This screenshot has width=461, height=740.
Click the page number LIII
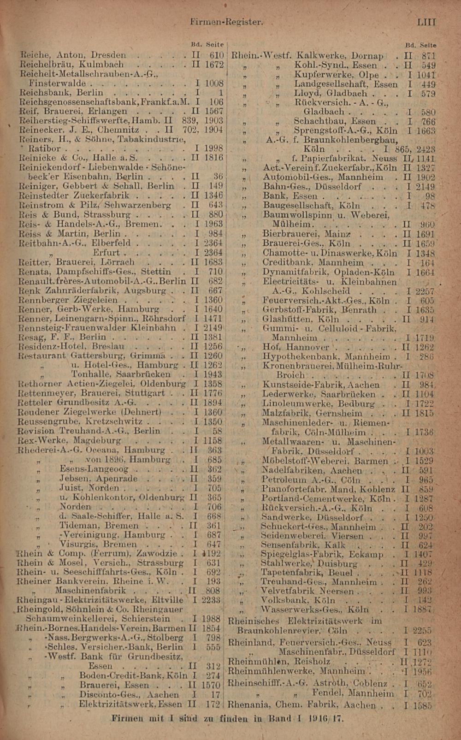[426, 22]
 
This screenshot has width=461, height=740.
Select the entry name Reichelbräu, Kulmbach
[71, 65]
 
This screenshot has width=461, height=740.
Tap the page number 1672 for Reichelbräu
[214, 65]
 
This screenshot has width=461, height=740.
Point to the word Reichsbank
[40, 93]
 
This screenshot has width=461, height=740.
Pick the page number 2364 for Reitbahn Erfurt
[213, 253]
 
